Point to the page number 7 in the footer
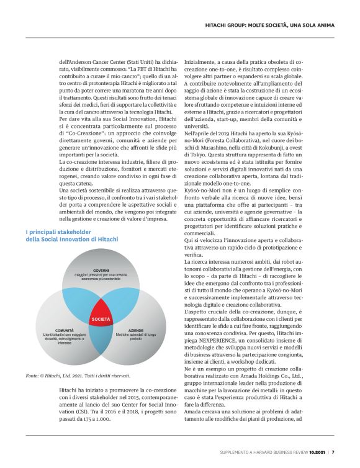click(x=333, y=451)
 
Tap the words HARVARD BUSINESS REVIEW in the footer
click(x=271, y=451)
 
